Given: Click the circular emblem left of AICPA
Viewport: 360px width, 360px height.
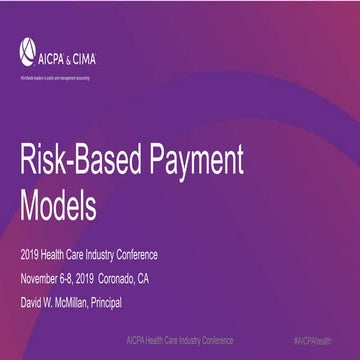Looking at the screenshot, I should pos(27,46).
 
